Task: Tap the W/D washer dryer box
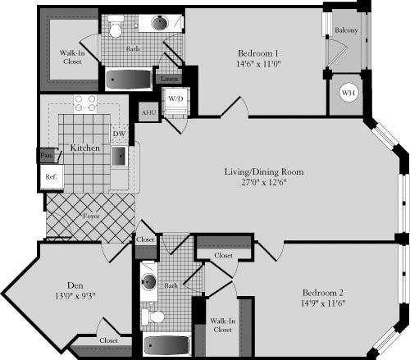pos(175,99)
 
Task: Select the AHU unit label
pos(148,112)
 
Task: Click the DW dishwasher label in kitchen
pos(118,133)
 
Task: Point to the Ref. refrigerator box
pos(50,176)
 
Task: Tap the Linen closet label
pos(169,79)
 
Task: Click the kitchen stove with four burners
pos(85,103)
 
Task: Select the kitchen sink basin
pos(119,156)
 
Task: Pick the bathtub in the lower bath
pos(166,345)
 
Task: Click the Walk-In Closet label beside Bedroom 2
pos(219,326)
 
